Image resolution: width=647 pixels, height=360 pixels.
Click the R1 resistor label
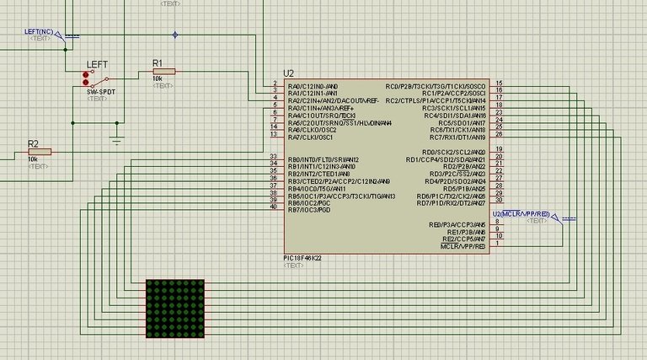coord(157,63)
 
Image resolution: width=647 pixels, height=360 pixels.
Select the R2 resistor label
coord(33,143)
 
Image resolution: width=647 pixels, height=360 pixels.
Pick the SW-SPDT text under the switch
coord(99,90)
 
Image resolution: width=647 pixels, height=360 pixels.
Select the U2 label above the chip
coord(290,73)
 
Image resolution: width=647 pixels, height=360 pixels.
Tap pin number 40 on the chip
coord(272,207)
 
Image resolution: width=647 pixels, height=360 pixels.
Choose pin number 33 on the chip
coord(272,157)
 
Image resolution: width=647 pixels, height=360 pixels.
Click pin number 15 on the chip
coord(500,84)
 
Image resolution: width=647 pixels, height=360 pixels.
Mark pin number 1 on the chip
coord(498,244)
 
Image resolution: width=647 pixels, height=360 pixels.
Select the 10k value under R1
coord(157,78)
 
